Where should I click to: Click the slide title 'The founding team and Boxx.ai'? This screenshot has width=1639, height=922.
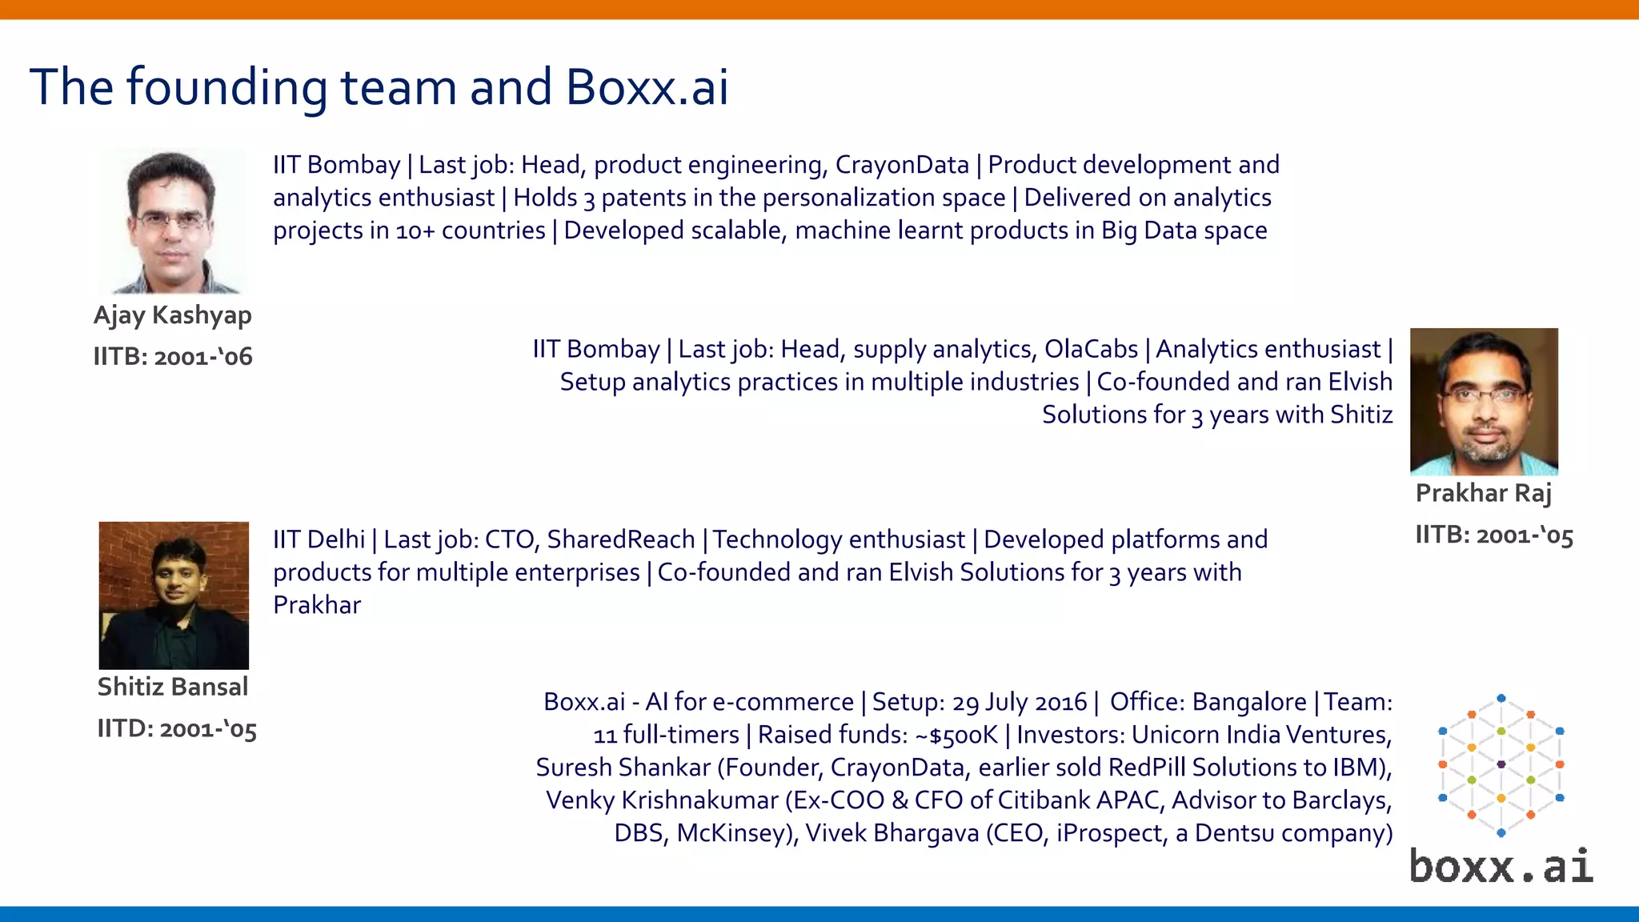379,86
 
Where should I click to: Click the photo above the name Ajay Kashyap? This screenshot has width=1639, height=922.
173,220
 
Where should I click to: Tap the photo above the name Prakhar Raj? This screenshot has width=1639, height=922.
1484,401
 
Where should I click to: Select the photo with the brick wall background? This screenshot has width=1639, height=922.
174,595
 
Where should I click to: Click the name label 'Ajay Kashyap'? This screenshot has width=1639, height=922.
172,315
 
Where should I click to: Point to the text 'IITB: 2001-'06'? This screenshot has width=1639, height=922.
173,356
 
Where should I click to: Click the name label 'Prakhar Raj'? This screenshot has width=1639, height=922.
1483,493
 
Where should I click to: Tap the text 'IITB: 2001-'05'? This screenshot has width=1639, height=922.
1493,535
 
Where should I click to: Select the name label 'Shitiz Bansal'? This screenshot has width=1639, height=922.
172,687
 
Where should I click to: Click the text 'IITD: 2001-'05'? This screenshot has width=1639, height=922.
177,729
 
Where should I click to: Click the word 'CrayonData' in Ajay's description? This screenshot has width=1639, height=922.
902,165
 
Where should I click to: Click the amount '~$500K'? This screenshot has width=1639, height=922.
956,735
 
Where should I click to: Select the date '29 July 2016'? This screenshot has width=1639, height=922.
1019,702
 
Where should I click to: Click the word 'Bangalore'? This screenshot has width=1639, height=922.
1248,702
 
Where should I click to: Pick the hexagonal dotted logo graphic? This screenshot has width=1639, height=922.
1501,765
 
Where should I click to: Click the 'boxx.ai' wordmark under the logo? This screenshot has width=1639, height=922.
1501,867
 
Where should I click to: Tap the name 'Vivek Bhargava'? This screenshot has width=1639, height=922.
892,833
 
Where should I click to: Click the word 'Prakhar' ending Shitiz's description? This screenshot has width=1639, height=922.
317,605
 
